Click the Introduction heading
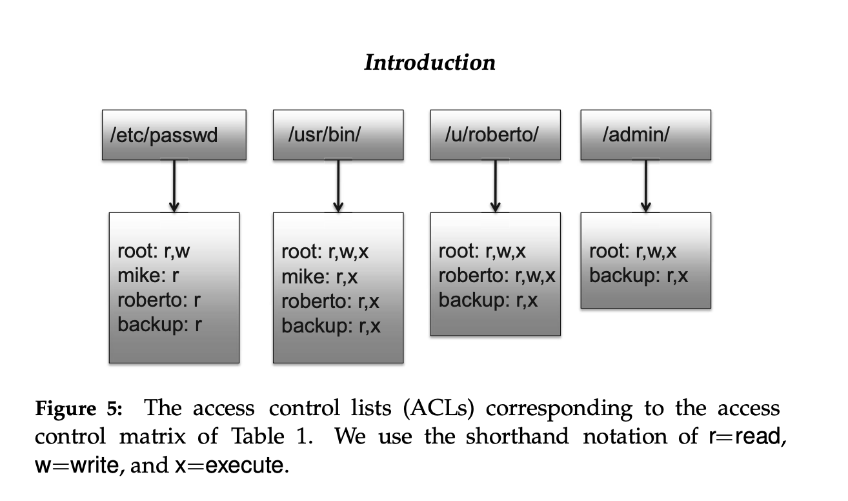coord(430,63)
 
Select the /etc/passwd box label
coord(165,136)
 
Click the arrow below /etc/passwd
coord(174,186)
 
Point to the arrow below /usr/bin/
coord(338,186)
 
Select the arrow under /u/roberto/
coord(495,186)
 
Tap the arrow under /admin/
coord(645,186)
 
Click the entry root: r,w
coord(154,251)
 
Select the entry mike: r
coord(148,276)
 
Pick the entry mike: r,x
coord(319,277)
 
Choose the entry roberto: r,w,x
coord(497,276)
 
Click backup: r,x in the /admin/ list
coord(638,276)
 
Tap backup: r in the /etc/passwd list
coord(159,324)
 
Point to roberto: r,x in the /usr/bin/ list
coord(330,302)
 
